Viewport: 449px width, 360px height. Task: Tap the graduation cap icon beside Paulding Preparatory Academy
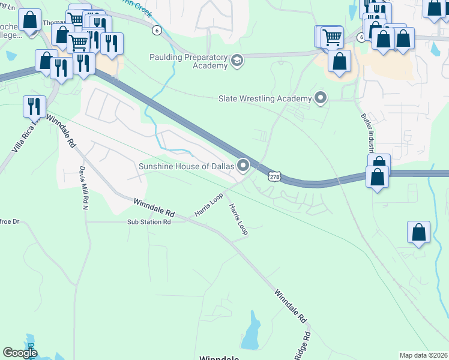(237, 61)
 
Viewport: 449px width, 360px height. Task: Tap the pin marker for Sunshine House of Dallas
(243, 164)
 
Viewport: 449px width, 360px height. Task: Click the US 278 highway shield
(274, 177)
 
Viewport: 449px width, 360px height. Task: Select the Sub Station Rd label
(149, 222)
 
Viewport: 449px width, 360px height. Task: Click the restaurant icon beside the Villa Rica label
(34, 106)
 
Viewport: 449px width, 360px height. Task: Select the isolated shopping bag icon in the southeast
(418, 232)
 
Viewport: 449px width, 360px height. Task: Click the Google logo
(20, 353)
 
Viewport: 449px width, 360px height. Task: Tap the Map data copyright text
(423, 355)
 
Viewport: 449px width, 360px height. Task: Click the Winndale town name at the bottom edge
(220, 358)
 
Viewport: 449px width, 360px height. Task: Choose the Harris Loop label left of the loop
(208, 205)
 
